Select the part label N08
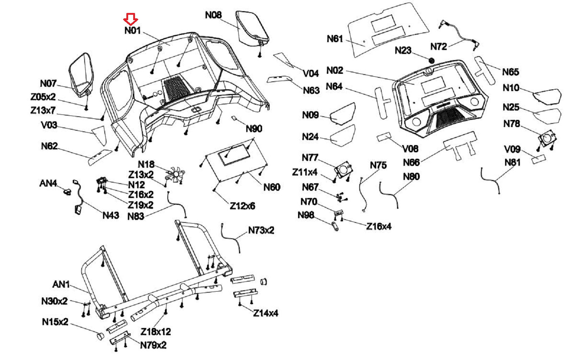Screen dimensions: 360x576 pos(213,15)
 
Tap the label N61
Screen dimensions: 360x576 pos(335,39)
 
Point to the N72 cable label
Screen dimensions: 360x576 pos(439,46)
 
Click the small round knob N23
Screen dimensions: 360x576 pos(431,60)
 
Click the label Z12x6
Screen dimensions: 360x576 pos(242,206)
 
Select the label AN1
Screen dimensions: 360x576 pos(61,284)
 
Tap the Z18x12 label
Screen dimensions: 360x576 pos(156,331)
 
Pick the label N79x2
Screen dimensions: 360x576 pos(153,345)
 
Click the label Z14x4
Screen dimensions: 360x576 pos(266,313)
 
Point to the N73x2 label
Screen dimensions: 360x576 pos(261,230)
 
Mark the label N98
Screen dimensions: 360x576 pos(306,215)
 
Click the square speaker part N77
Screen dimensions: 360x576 pos(343,169)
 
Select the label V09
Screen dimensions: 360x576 pos(512,149)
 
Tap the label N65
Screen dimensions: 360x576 pos(510,72)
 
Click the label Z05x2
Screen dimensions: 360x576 pos(43,97)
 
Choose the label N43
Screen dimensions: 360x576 pos(111,215)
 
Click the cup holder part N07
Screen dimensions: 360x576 pos(82,74)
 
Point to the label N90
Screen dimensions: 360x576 pos(254,129)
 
